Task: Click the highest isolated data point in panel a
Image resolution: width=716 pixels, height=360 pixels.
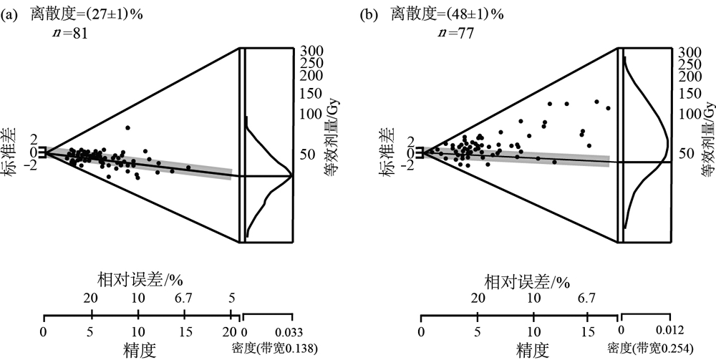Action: coord(127,128)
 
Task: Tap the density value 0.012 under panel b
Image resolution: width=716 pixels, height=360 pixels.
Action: coord(670,331)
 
